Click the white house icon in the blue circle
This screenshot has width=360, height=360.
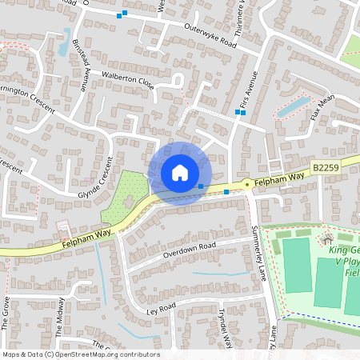pyautogui.click(x=179, y=172)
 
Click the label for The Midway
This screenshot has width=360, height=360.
pyautogui.click(x=60, y=314)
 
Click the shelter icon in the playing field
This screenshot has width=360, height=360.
pyautogui.click(x=326, y=240)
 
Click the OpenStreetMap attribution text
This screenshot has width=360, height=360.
pyautogui.click(x=80, y=354)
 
